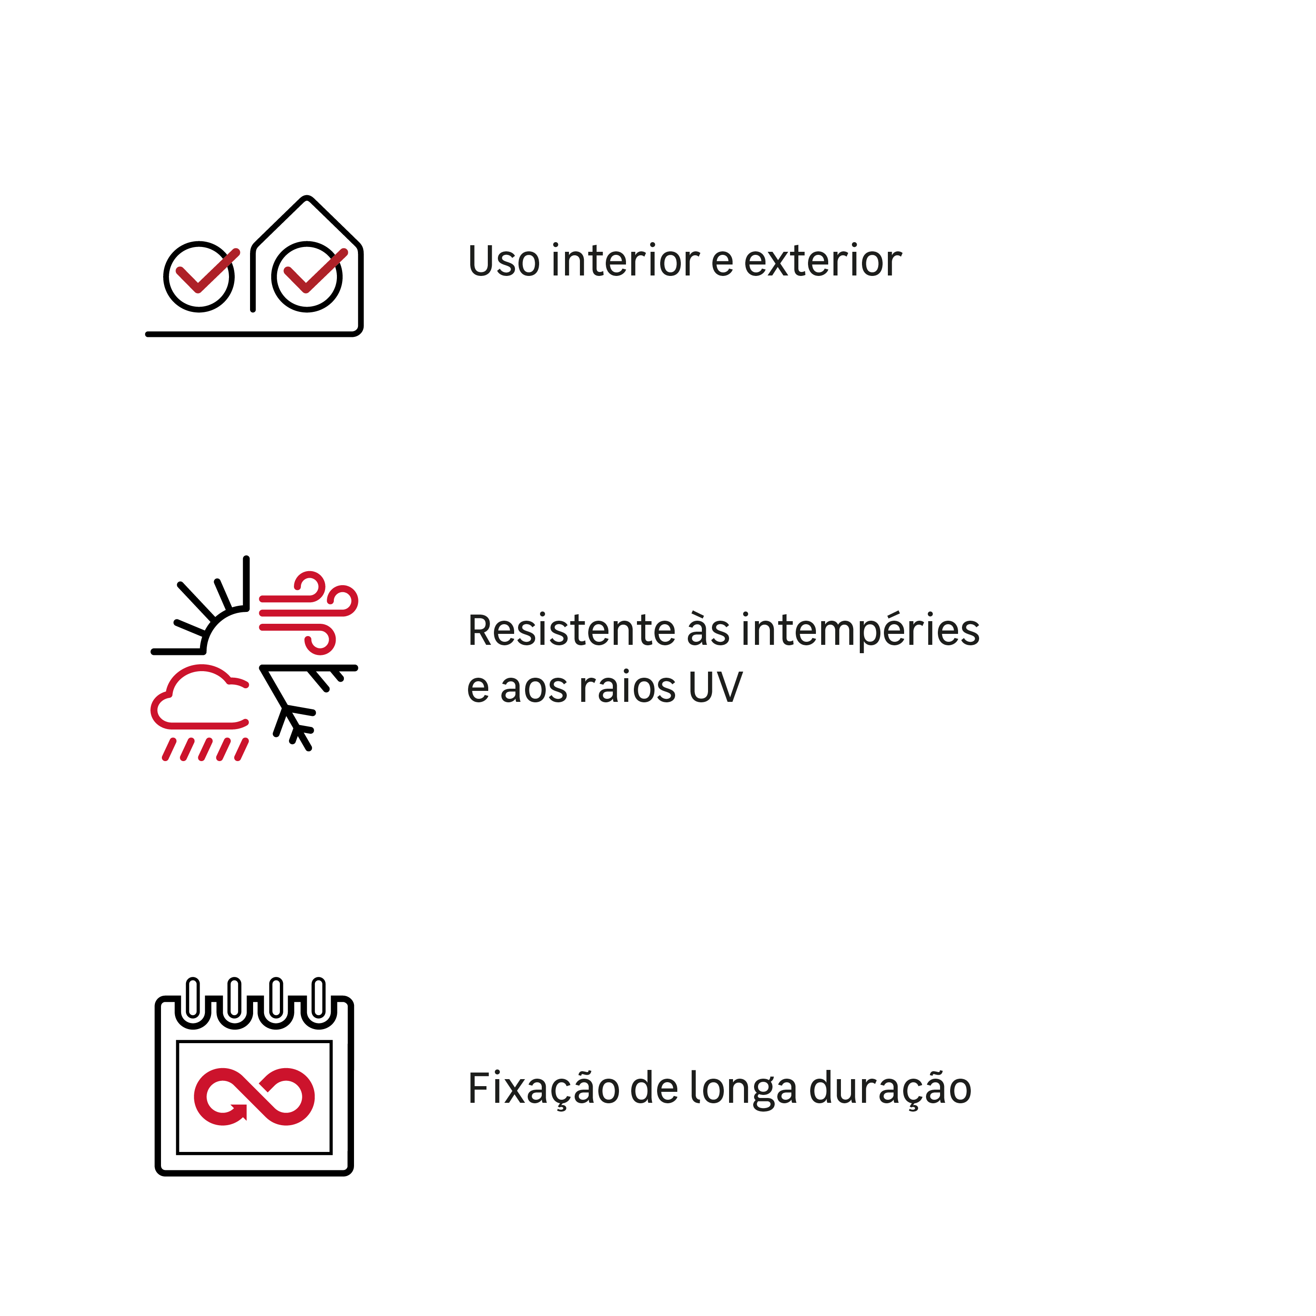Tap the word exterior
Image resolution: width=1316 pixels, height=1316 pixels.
click(823, 261)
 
